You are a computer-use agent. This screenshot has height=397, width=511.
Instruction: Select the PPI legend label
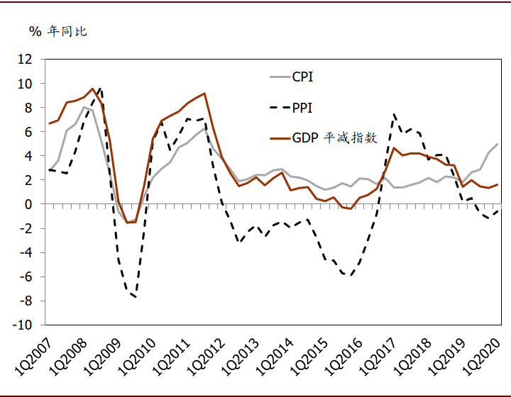pyautogui.click(x=302, y=108)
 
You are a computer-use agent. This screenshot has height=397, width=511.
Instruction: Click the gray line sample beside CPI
pyautogui.click(x=279, y=77)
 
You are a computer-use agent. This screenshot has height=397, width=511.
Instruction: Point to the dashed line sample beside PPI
pyautogui.click(x=279, y=108)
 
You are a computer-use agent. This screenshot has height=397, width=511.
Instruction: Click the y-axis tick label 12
pyautogui.click(x=26, y=60)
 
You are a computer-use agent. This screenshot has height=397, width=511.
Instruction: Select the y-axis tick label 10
pyautogui.click(x=26, y=84)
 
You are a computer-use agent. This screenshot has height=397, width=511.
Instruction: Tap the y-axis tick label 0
pyautogui.click(x=29, y=204)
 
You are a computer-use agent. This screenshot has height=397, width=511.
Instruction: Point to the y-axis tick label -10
pyautogui.click(x=23, y=325)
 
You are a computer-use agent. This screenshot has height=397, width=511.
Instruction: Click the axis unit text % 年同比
pyautogui.click(x=57, y=31)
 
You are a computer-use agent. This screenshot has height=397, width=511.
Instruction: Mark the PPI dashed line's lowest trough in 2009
pyautogui.click(x=135, y=296)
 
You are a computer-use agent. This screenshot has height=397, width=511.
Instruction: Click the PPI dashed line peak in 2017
pyautogui.click(x=394, y=114)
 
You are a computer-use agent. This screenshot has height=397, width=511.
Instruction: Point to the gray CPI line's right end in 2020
pyautogui.click(x=497, y=144)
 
